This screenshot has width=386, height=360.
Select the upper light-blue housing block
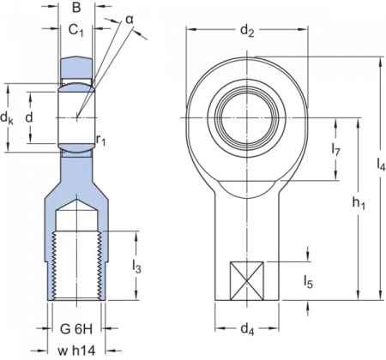point(75,69)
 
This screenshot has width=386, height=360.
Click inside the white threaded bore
point(76,257)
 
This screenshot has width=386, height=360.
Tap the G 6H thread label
point(76,328)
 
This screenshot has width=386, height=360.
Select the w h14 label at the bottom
point(76,350)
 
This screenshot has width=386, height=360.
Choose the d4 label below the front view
point(248,327)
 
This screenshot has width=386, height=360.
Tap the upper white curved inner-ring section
point(75,86)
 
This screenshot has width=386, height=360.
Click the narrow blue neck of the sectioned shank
point(76,167)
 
